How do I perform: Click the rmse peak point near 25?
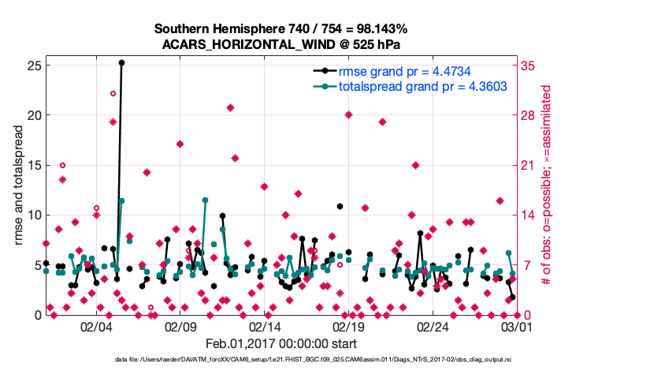[x=121, y=62]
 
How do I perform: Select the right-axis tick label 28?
[x=529, y=114]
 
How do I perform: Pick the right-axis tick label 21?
[x=529, y=165]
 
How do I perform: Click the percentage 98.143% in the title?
[x=376, y=28]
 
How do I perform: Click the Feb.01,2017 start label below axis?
[x=281, y=343]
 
